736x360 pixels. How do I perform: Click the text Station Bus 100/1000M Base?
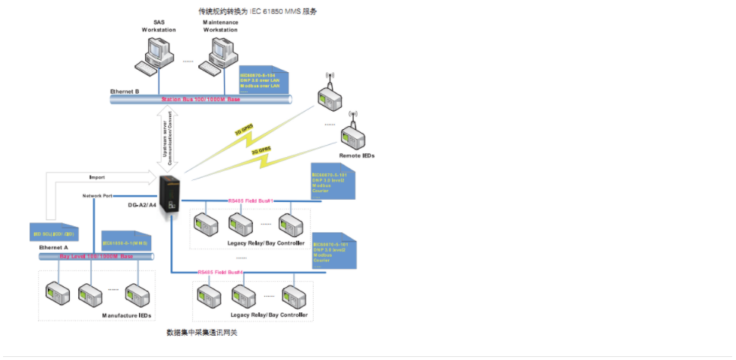pyautogui.click(x=201, y=99)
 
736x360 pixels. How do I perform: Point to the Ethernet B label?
pyautogui.click(x=125, y=91)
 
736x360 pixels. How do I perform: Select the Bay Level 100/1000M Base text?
pyautogui.click(x=96, y=257)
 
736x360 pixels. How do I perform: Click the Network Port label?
pyautogui.click(x=98, y=196)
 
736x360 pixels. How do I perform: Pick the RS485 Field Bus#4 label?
pyautogui.click(x=220, y=271)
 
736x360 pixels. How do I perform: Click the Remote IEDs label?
pyautogui.click(x=357, y=156)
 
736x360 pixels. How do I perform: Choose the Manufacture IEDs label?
pyautogui.click(x=127, y=314)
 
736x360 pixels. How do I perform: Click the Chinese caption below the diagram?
pyautogui.click(x=202, y=333)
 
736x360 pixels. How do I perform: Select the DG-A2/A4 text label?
pyautogui.click(x=141, y=205)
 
